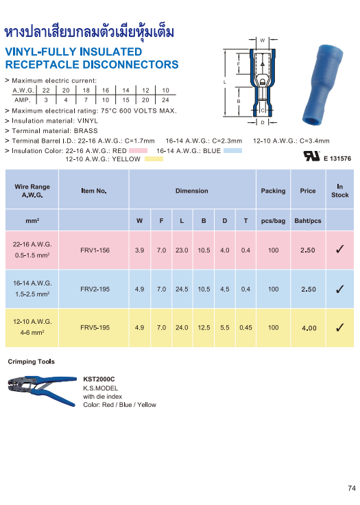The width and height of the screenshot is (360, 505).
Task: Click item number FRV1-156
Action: (95, 250)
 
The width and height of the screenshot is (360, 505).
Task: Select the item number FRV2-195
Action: (95, 290)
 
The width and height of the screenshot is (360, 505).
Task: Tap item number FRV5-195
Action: (95, 328)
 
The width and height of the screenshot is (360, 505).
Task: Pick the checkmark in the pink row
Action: (339, 250)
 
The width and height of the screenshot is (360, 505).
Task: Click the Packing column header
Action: (273, 191)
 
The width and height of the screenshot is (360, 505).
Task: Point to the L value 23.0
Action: (182, 250)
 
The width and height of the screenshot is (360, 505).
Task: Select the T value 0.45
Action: (245, 328)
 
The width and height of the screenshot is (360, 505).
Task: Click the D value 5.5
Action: (225, 328)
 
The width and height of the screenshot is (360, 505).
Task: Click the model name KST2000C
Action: (99, 379)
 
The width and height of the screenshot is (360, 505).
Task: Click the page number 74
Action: (352, 489)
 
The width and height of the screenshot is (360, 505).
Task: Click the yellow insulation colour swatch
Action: (154, 159)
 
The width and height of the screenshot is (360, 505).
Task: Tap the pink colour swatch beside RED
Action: (138, 150)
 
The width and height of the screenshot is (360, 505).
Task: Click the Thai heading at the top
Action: (89, 32)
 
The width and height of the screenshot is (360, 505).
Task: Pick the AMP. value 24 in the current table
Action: (166, 99)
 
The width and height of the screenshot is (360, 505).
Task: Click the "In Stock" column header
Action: (339, 191)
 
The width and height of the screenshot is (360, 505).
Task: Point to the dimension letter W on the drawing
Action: (262, 40)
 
